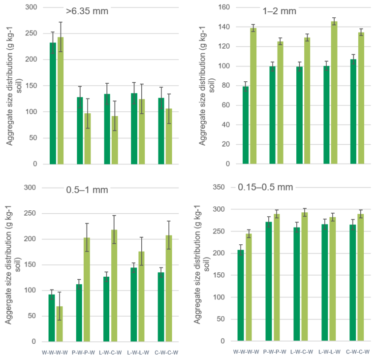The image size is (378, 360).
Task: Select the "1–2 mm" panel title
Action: point(280,10)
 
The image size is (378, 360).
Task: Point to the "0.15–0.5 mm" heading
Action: point(265,187)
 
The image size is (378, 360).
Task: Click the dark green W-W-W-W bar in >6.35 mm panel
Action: point(53,103)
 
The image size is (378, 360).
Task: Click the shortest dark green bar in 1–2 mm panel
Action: point(246,125)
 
